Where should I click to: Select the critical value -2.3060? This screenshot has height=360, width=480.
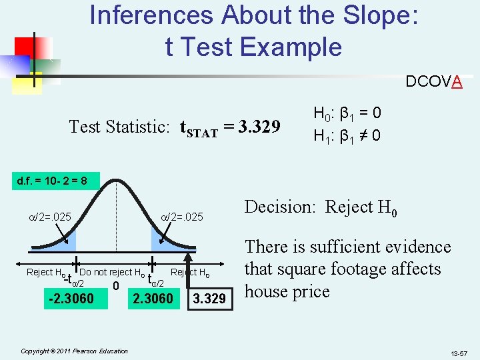[x=71, y=299]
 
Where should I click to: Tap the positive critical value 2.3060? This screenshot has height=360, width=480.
[x=153, y=299]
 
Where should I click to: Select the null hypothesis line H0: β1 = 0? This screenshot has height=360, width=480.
[x=347, y=113]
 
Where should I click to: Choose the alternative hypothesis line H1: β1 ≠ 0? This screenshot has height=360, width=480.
[x=347, y=136]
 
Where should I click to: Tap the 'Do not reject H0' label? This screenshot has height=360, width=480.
[x=112, y=272]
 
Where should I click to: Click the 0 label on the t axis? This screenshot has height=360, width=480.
[x=115, y=286]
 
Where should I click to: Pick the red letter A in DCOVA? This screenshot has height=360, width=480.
[x=457, y=82]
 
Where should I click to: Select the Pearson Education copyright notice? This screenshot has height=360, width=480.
[x=75, y=351]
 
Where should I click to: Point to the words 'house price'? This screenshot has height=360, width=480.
[x=287, y=292]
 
